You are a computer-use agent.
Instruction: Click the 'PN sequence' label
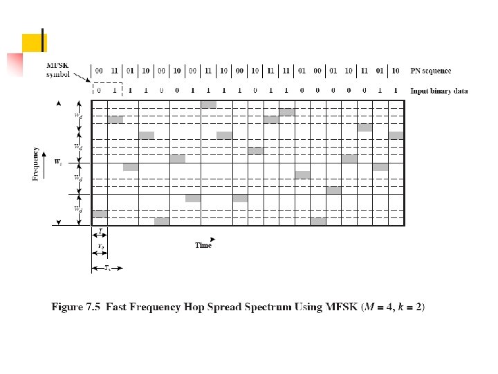430,71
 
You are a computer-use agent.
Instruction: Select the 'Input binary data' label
439,91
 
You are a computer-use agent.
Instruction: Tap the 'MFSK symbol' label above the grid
57,69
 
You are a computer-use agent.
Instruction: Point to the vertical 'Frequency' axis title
35,163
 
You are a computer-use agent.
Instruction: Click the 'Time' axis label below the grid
203,245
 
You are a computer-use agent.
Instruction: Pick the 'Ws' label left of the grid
60,163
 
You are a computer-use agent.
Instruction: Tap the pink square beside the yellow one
15,64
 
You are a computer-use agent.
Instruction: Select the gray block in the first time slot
100,213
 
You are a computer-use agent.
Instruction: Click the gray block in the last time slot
396,136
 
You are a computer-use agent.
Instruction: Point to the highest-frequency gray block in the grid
208,105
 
